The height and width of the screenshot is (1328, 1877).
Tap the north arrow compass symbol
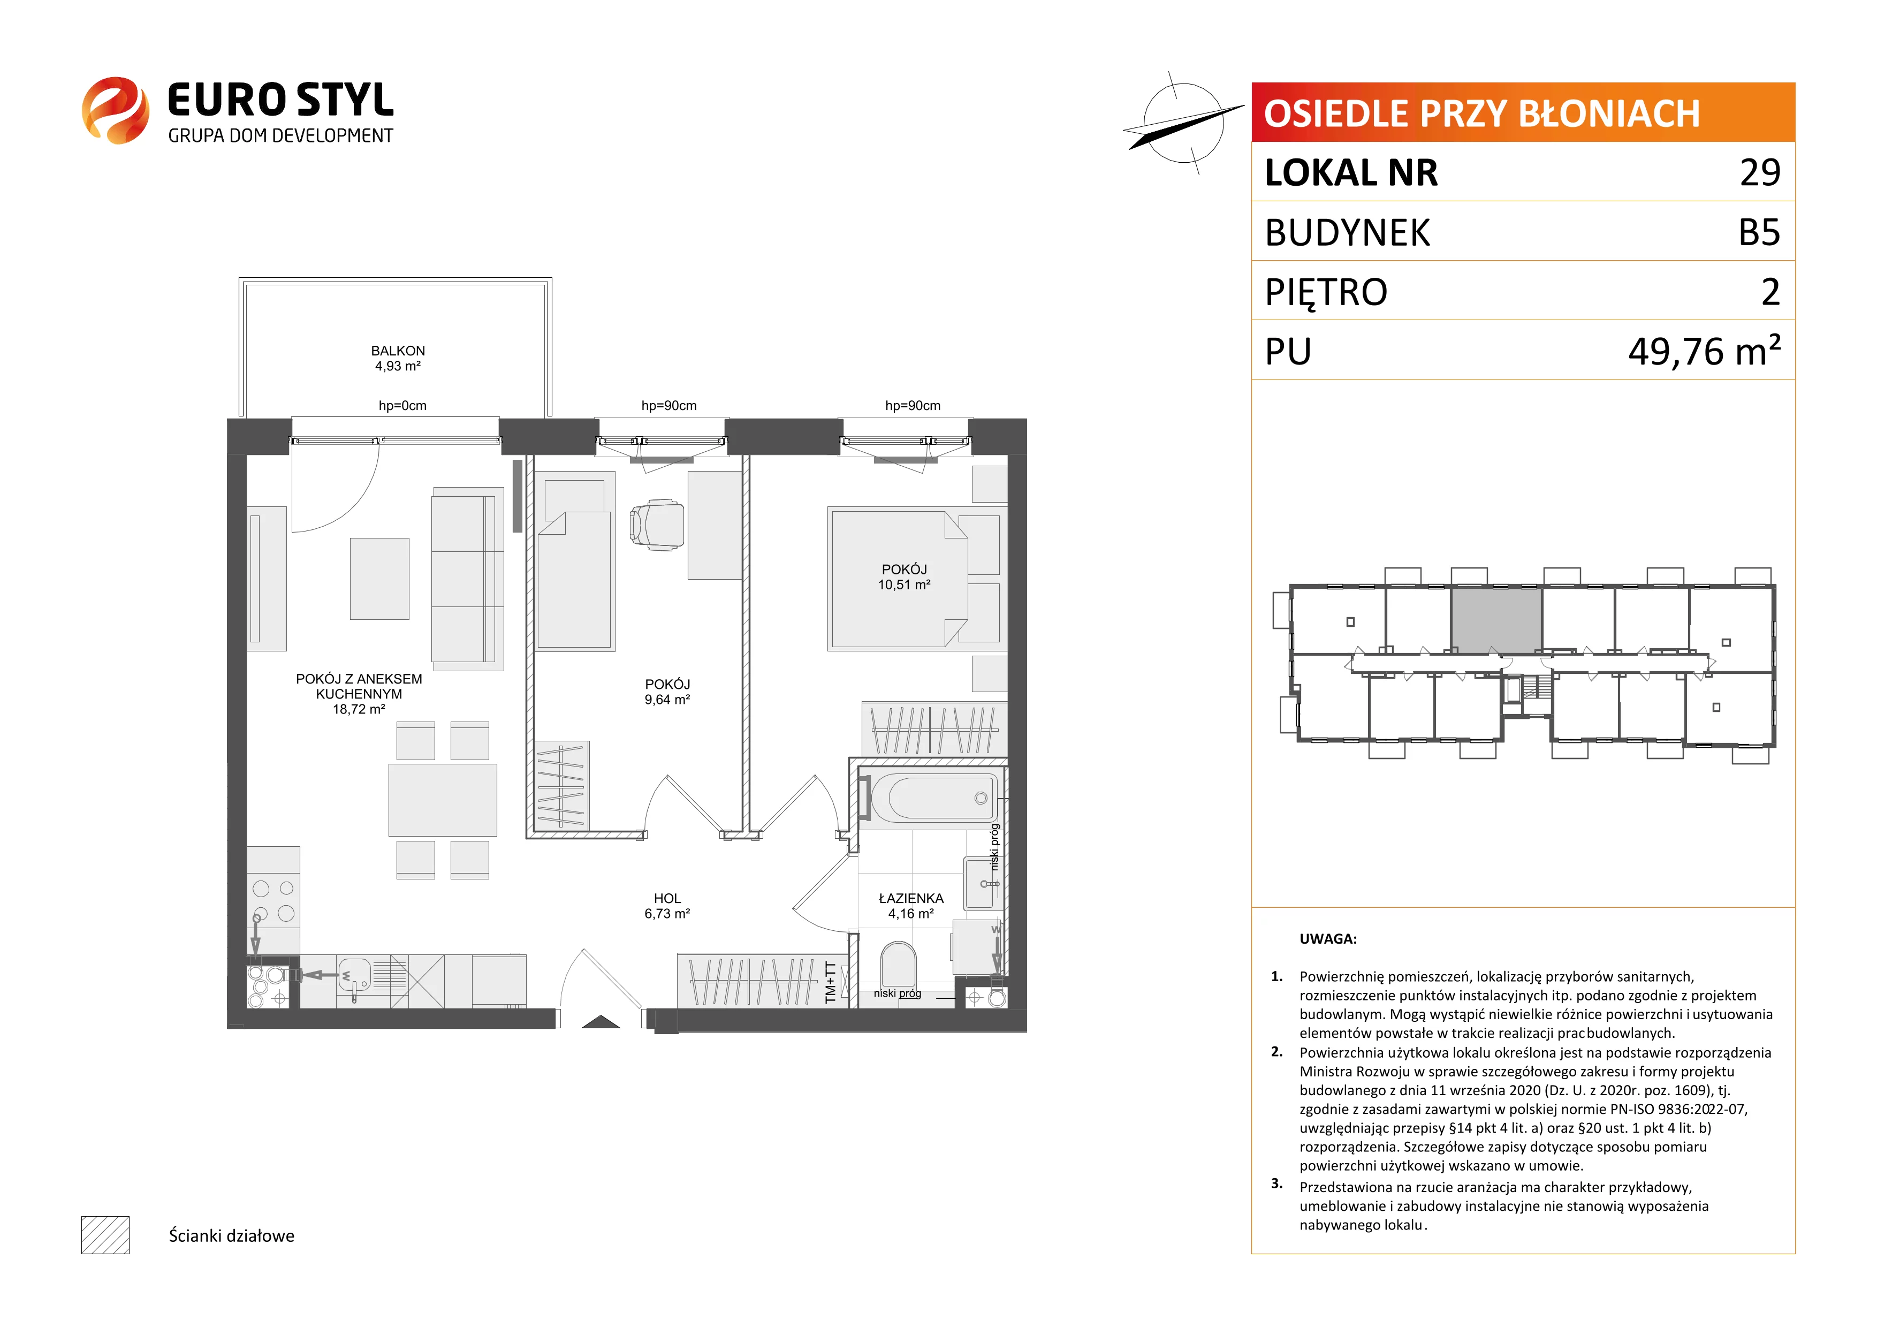(1182, 123)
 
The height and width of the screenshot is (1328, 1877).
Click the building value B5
(1759, 232)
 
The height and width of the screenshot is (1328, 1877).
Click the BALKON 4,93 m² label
(398, 358)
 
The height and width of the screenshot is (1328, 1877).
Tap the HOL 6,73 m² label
(667, 906)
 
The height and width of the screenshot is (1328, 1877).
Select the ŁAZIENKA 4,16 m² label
(911, 906)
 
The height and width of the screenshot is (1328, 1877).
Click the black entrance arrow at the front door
(601, 1021)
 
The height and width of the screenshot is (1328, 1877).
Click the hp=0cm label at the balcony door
(402, 406)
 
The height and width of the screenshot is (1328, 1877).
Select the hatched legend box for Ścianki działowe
(105, 1235)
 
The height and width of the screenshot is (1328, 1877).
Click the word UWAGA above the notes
(1328, 939)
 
